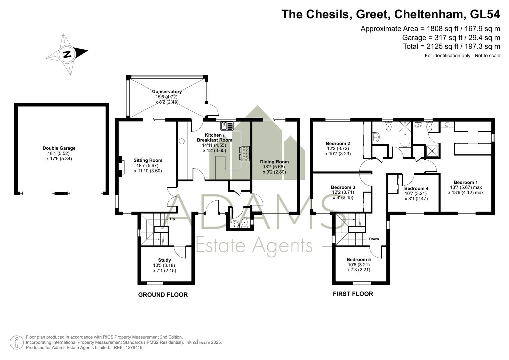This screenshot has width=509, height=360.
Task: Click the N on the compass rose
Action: pyautogui.click(x=67, y=54)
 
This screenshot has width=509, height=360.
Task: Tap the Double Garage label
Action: pyautogui.click(x=59, y=148)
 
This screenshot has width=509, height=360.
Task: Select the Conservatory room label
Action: pyautogui.click(x=167, y=92)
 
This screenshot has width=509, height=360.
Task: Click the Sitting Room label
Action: pyautogui.click(x=148, y=160)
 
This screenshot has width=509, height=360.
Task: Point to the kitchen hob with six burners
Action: pyautogui.click(x=246, y=154)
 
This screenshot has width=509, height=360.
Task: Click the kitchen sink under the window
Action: pyautogui.click(x=227, y=126)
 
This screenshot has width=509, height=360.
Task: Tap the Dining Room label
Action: pyautogui.click(x=274, y=162)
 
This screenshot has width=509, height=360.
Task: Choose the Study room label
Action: pyautogui.click(x=165, y=260)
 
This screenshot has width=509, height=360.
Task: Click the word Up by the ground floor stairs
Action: pyautogui.click(x=172, y=219)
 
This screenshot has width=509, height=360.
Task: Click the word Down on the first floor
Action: pyautogui.click(x=374, y=239)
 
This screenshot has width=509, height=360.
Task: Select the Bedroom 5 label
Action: pyautogui.click(x=359, y=260)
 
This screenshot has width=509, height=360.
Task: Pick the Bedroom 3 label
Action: pyautogui.click(x=343, y=187)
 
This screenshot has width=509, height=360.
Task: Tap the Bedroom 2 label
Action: pyautogui.click(x=338, y=143)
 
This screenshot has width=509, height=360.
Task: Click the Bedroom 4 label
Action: pyautogui.click(x=416, y=188)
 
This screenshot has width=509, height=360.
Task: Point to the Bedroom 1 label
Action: pyautogui.click(x=466, y=182)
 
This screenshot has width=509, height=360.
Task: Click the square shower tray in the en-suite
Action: pyautogui.click(x=432, y=151)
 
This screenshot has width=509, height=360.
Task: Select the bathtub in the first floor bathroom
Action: pyautogui.click(x=405, y=134)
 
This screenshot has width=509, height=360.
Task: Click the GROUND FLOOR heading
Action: pyautogui.click(x=163, y=295)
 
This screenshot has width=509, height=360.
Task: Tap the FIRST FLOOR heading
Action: pyautogui.click(x=353, y=294)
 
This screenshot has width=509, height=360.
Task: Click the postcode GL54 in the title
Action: pyautogui.click(x=485, y=14)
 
